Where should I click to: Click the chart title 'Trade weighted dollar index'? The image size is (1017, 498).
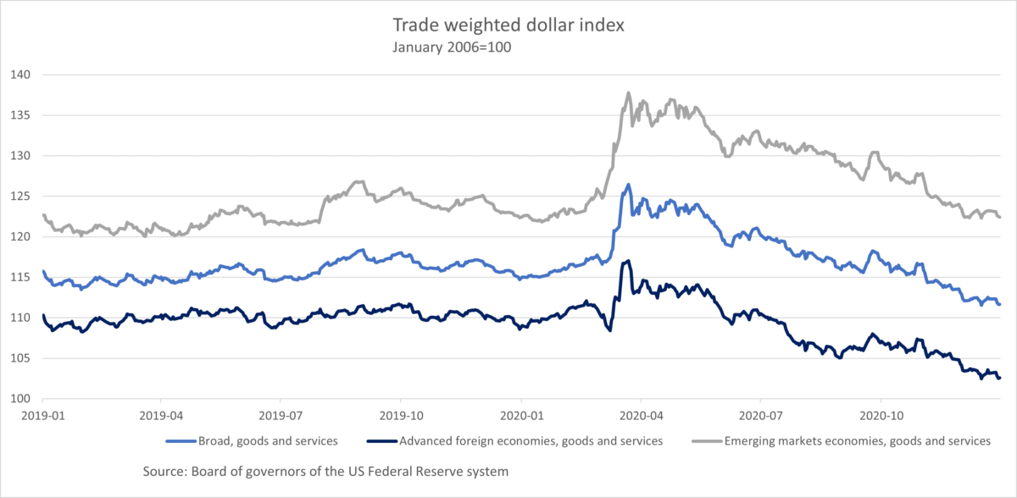point(508,25)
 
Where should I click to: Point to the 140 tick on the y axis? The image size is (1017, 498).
point(19,75)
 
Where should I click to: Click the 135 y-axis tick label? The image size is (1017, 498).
point(19,115)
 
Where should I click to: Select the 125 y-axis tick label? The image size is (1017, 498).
point(19,196)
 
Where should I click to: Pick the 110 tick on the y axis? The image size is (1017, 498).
point(19,318)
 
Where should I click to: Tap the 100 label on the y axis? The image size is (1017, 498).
point(19,400)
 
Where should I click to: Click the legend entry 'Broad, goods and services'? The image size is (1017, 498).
point(267,440)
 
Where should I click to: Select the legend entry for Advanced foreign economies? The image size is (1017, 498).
point(530,440)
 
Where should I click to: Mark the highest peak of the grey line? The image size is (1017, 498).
point(628,93)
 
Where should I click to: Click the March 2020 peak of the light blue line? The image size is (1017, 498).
point(628,185)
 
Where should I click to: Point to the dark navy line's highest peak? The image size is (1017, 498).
point(627,261)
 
